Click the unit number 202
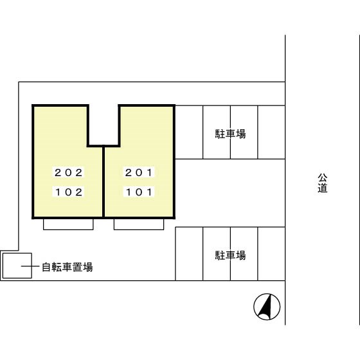click(x=69, y=172)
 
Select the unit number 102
click(x=69, y=192)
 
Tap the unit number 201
click(x=139, y=172)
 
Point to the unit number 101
click(x=139, y=192)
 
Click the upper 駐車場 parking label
click(x=230, y=134)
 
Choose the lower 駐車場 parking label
click(x=230, y=255)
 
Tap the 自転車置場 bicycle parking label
click(x=67, y=267)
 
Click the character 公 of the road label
click(x=322, y=177)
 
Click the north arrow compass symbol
click(x=267, y=306)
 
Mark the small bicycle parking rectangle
click(x=17, y=265)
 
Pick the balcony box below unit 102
click(x=69, y=224)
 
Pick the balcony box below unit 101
click(x=139, y=224)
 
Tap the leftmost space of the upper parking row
click(x=189, y=132)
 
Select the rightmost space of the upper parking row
click(x=271, y=132)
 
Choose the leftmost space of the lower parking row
click(x=189, y=254)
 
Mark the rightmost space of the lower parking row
click(x=271, y=254)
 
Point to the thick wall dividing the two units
click(x=104, y=183)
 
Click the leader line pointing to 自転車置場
click(x=32, y=267)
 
